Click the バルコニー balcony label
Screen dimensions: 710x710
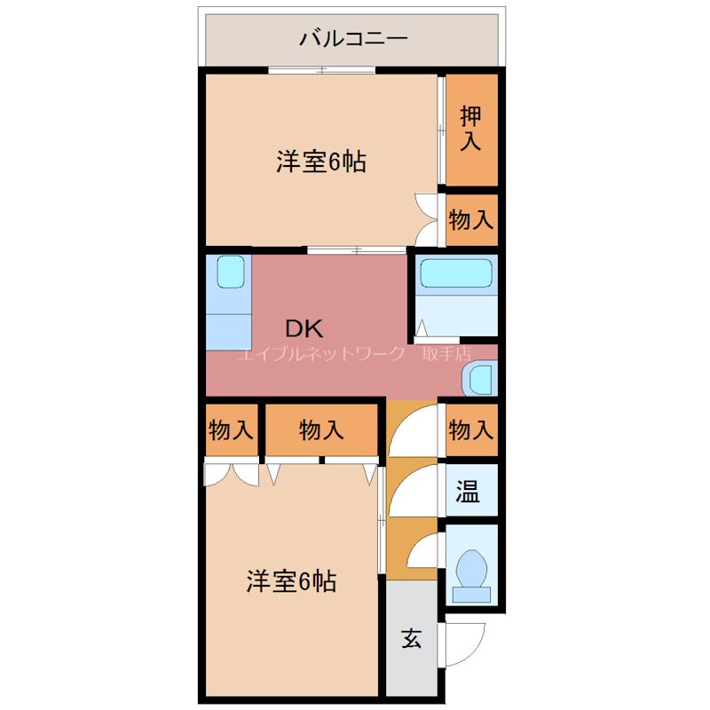[x=352, y=38]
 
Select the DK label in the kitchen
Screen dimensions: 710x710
[x=304, y=328]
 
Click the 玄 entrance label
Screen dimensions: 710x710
[x=411, y=638]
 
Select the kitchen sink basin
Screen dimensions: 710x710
[x=230, y=272]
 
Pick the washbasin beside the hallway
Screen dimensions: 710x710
[x=480, y=379]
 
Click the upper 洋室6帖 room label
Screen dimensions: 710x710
[x=321, y=162]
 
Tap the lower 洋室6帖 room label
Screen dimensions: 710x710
[x=291, y=581]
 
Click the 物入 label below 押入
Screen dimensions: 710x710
[x=470, y=219]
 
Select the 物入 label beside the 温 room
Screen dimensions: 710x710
[x=470, y=430]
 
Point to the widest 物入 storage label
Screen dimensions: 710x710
[x=321, y=430]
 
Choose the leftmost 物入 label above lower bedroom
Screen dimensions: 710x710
[x=232, y=430]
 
